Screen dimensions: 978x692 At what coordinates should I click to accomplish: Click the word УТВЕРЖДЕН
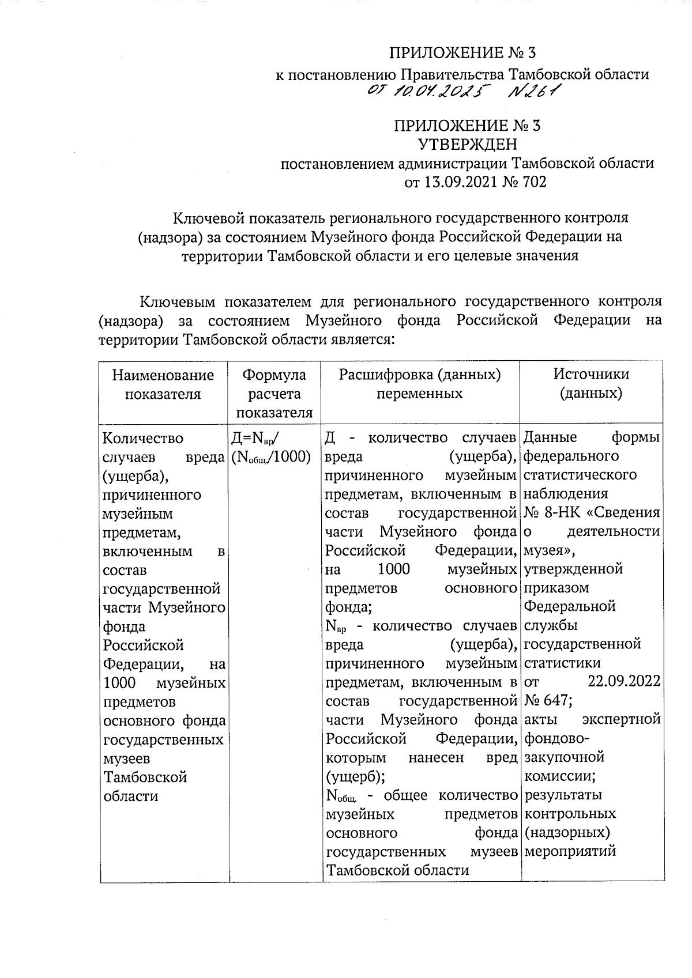467,144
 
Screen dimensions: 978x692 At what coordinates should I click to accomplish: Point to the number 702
532,182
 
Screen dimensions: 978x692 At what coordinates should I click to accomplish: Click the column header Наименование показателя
163,384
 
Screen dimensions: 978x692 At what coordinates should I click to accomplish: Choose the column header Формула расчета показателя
274,394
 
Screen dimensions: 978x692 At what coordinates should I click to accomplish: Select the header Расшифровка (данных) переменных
420,384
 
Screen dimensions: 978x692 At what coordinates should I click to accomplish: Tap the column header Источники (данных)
591,384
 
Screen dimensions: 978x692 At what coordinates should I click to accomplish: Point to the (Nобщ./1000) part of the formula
270,457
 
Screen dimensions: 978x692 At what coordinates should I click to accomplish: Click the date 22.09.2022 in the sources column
624,681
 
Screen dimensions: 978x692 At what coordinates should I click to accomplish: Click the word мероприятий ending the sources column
570,851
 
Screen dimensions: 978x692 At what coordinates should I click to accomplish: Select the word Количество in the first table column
142,439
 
